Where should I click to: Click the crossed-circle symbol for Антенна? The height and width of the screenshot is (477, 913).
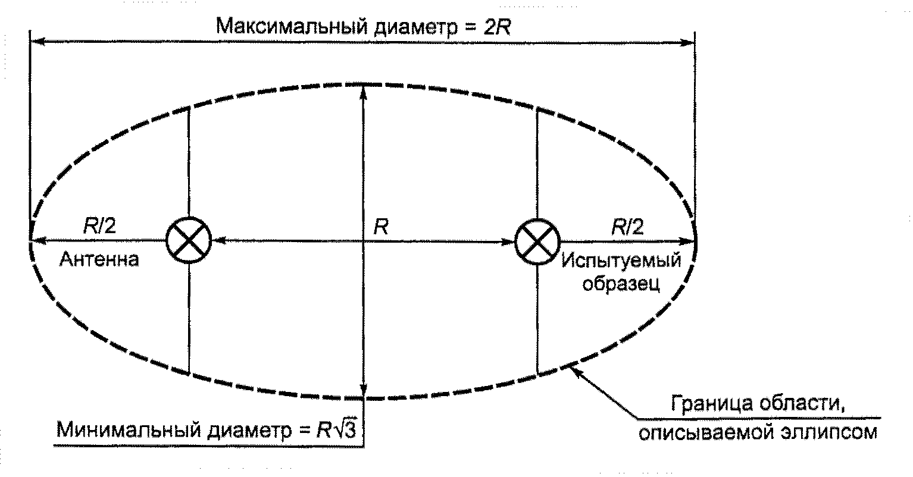point(188,241)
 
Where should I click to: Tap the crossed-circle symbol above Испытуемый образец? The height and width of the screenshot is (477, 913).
point(537,241)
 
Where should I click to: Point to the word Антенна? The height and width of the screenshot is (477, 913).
point(100,260)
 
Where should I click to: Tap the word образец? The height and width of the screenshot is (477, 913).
point(620,284)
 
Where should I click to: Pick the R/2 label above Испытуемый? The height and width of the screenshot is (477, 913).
point(628,227)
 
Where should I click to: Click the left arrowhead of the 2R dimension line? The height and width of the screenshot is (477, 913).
point(36,42)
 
